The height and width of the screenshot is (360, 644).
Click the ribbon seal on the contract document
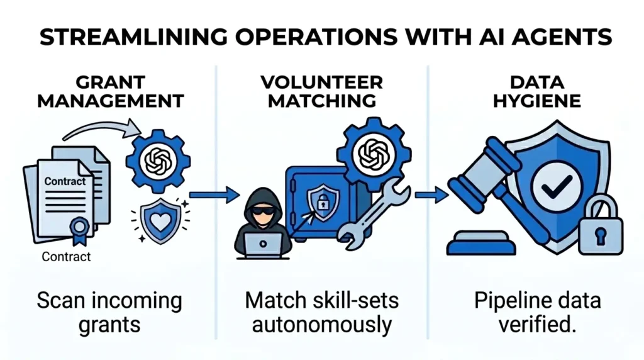tap(80, 227)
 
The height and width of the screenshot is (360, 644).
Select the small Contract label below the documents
tap(66, 257)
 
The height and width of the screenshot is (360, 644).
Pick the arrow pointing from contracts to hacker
tap(214, 195)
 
